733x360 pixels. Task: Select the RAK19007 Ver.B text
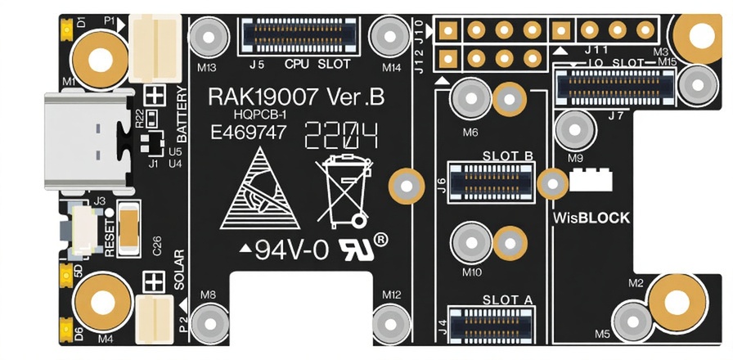tap(296, 97)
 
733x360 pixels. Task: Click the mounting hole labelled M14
tap(387, 35)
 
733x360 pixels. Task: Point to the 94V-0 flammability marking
tap(292, 250)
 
